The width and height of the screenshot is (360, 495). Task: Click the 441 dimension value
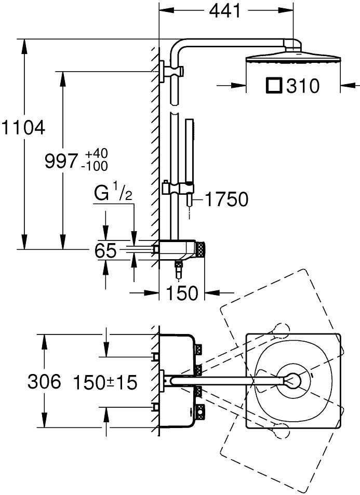[x=225, y=10]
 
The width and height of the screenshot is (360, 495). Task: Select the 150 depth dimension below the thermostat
[x=182, y=293]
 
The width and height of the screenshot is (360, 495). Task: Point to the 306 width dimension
[x=44, y=382]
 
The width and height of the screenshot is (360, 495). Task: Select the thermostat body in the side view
[x=179, y=249]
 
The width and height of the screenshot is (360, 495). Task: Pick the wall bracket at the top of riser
[x=167, y=71]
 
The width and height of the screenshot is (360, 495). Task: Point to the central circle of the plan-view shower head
[x=294, y=381]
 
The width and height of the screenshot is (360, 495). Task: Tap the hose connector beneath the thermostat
[x=179, y=269]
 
